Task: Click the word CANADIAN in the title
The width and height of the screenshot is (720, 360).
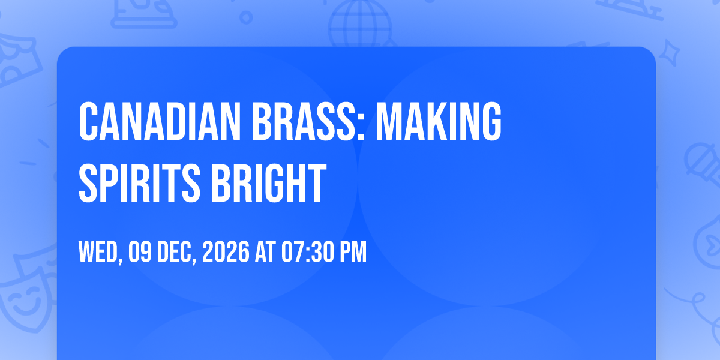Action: (x=160, y=121)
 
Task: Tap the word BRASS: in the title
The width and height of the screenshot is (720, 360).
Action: (x=308, y=121)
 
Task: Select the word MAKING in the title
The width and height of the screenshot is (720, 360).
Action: (x=439, y=121)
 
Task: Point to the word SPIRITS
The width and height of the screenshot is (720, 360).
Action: (x=139, y=183)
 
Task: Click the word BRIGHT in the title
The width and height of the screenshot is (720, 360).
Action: (x=269, y=183)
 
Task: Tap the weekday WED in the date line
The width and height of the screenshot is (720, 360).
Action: (x=98, y=251)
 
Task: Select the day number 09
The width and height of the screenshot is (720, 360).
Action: (x=140, y=251)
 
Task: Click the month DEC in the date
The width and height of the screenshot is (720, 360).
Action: (x=174, y=251)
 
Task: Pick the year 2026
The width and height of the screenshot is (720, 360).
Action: (x=226, y=251)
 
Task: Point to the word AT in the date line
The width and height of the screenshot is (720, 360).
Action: (x=265, y=251)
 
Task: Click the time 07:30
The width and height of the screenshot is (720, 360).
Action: (x=308, y=251)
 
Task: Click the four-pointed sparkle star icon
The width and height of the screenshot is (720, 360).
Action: (x=669, y=53)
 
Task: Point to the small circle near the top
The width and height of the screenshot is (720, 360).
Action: (x=246, y=17)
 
